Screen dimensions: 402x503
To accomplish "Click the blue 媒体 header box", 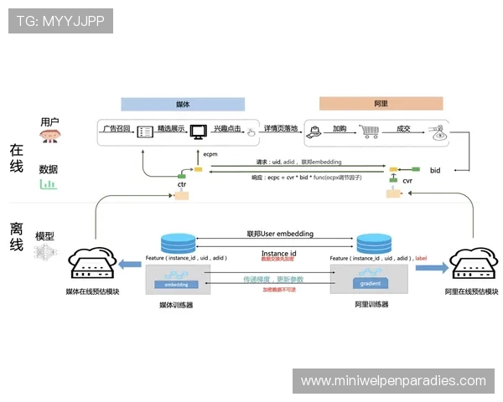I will tap(183, 105).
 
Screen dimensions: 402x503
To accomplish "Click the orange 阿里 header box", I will tap(380, 105).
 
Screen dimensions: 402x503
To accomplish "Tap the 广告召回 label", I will tap(117, 129).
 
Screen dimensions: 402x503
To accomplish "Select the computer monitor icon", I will tap(198, 131).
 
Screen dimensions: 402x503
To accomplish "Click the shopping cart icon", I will tap(369, 131).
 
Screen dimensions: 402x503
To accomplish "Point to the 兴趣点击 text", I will tap(227, 129).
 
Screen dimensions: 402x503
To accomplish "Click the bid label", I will tap(435, 170).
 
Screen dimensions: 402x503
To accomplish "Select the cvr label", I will tap(407, 180).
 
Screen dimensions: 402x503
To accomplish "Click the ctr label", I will tap(181, 183).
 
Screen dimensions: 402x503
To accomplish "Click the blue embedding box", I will tap(176, 285).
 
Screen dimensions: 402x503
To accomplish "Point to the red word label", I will tap(421, 259).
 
